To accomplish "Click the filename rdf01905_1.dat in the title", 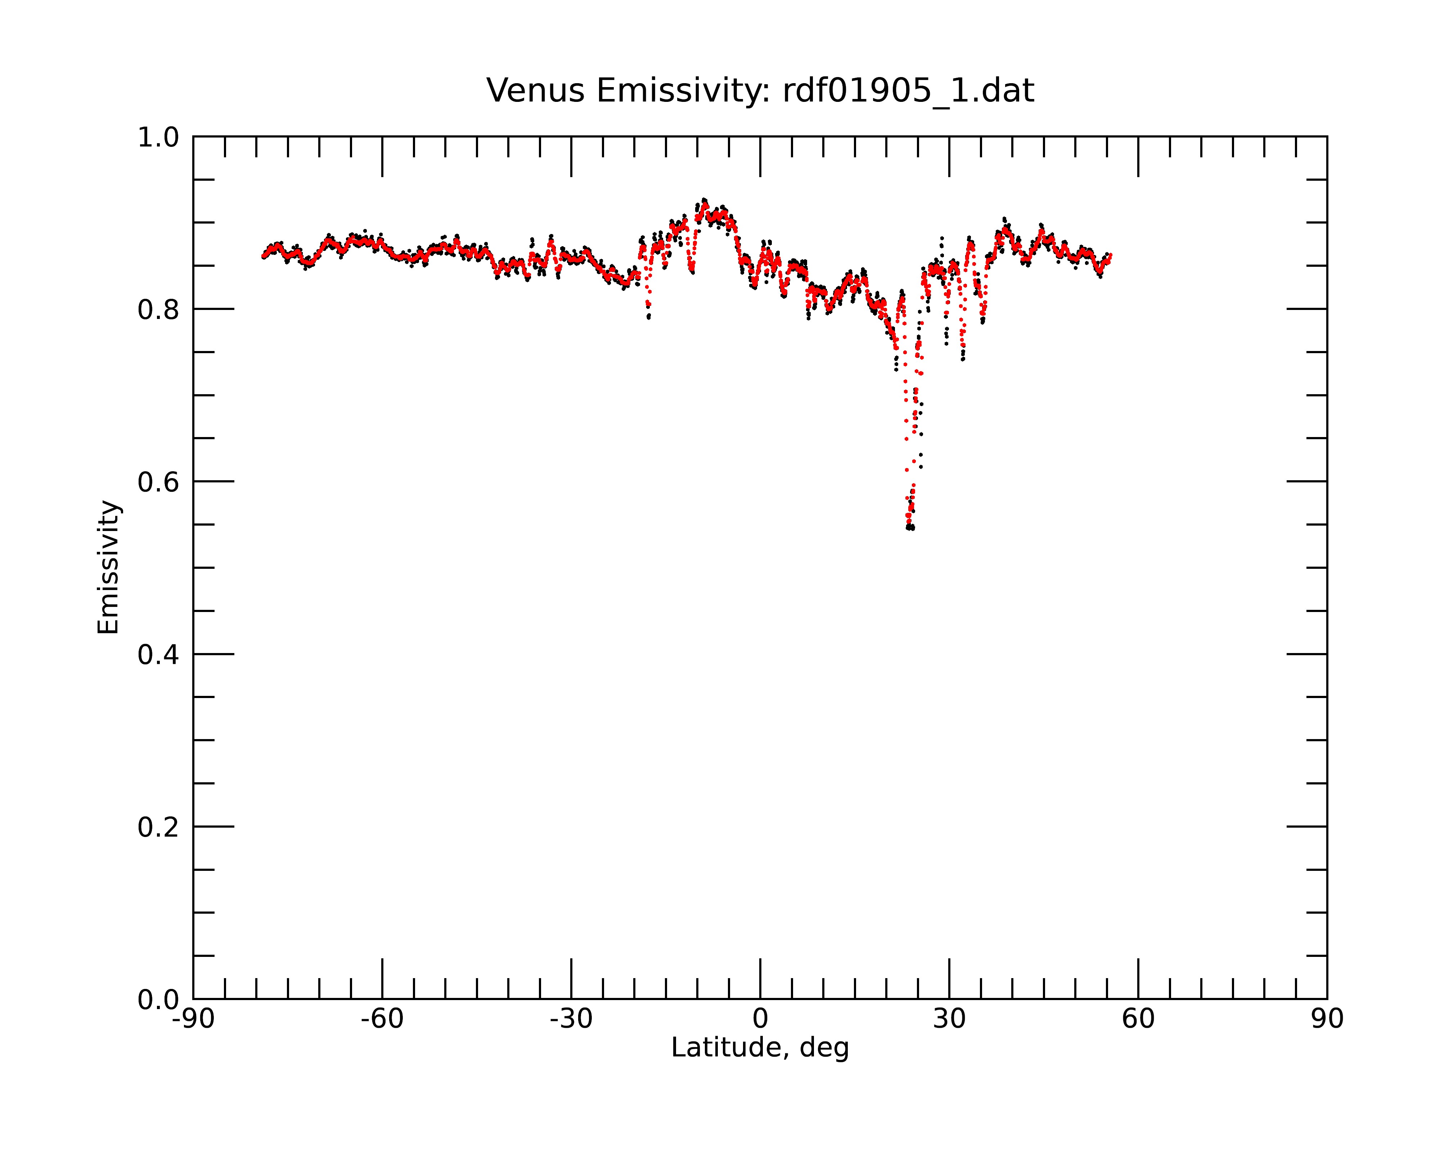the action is coord(908,91).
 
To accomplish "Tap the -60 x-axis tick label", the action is coord(382,1019).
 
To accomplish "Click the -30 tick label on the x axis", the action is coord(571,1019).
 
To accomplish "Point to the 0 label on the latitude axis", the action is coord(760,1019).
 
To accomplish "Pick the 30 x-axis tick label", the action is coord(949,1019).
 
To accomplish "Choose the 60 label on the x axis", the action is coord(1138,1019).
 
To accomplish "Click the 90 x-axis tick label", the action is coord(1327,1019).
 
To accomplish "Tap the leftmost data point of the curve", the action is coord(263,256).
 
